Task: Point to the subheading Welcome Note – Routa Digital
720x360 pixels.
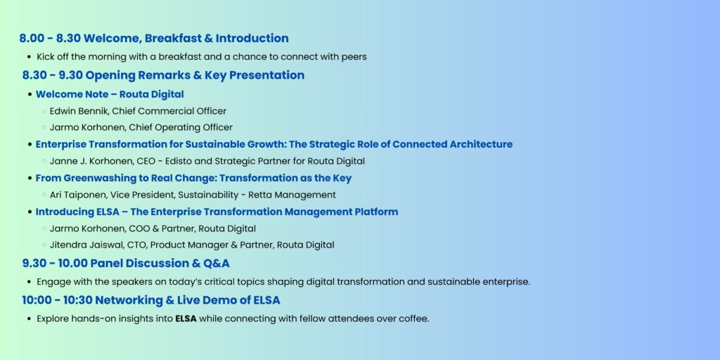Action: [x=110, y=95]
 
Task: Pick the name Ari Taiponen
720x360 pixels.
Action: [x=76, y=195]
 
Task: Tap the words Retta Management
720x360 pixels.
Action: [x=292, y=195]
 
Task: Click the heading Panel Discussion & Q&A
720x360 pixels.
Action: [x=160, y=264]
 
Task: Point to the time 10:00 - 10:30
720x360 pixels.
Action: [x=56, y=300]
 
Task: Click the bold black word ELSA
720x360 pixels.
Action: [x=186, y=319]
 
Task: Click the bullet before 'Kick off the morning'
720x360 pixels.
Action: [x=30, y=58]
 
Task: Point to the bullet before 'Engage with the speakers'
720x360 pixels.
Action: [x=30, y=283]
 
